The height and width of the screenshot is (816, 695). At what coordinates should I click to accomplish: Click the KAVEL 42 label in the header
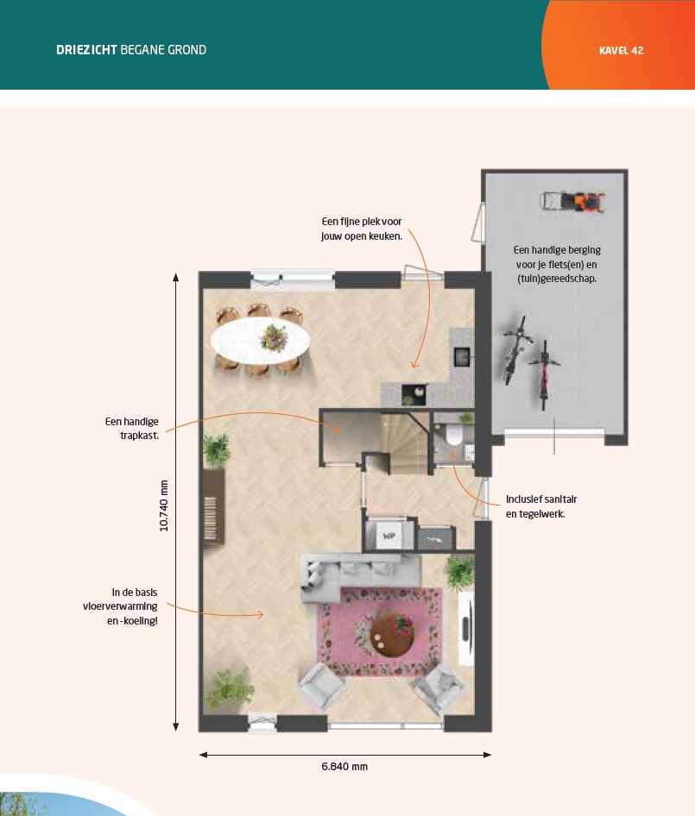621,51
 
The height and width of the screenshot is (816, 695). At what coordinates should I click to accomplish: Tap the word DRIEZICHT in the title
86,50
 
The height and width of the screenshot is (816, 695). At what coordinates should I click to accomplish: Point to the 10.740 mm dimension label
163,505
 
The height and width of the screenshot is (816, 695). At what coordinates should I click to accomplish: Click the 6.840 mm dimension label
344,767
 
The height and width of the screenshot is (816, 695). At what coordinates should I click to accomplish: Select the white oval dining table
261,341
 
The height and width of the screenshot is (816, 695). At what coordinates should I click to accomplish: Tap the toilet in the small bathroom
453,436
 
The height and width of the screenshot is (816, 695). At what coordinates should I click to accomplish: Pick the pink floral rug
380,631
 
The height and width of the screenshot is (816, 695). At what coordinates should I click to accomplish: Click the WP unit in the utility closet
389,535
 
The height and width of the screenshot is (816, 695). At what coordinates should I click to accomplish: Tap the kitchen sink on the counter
462,356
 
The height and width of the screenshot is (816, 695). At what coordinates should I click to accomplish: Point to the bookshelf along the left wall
213,506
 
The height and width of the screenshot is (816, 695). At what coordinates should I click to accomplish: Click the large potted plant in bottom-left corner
230,689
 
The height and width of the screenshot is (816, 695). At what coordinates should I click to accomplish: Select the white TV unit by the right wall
465,628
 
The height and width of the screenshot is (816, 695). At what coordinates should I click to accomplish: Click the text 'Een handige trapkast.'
132,429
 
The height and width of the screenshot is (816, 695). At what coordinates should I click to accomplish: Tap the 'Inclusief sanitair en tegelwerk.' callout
541,506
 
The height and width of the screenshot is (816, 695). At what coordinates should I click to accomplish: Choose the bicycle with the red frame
544,373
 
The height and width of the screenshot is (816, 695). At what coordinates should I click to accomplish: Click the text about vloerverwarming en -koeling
120,606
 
